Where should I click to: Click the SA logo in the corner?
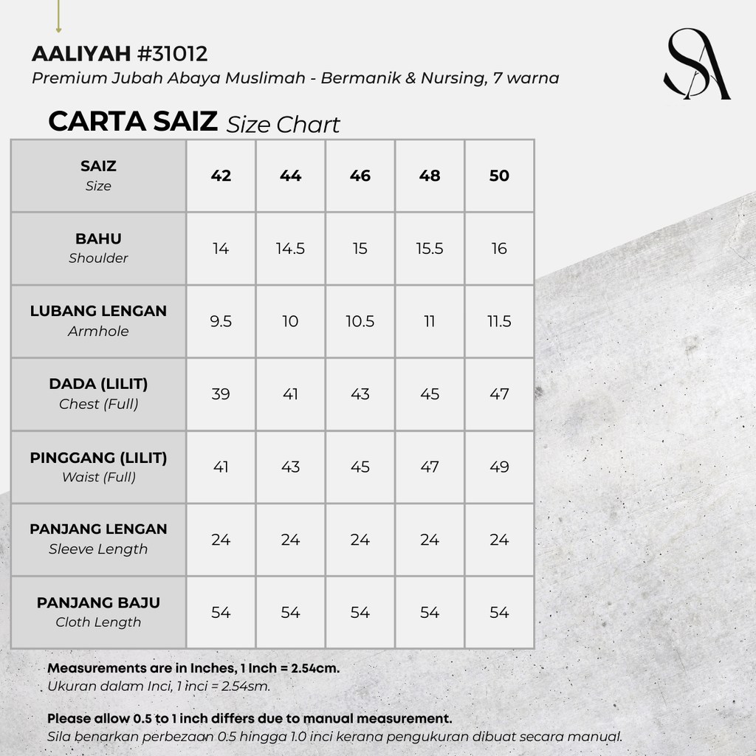(x=696, y=64)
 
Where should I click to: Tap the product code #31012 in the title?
(x=172, y=54)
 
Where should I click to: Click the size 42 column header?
(x=221, y=176)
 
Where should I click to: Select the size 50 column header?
(x=499, y=176)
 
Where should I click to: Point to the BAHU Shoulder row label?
(x=98, y=248)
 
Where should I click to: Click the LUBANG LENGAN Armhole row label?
(x=98, y=320)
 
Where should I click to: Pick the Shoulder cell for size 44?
(x=290, y=249)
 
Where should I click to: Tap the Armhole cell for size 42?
(x=221, y=321)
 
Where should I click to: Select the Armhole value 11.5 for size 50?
(x=499, y=321)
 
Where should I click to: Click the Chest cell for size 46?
(x=360, y=394)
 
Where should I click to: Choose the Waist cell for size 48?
(x=430, y=467)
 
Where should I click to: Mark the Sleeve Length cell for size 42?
(x=221, y=540)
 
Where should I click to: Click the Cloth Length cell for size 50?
(x=499, y=612)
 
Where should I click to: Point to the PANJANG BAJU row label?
(x=98, y=612)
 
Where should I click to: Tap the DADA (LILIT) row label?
(x=98, y=394)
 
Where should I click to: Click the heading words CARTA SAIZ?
(x=133, y=122)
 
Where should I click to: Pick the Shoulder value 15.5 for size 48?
(x=430, y=249)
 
